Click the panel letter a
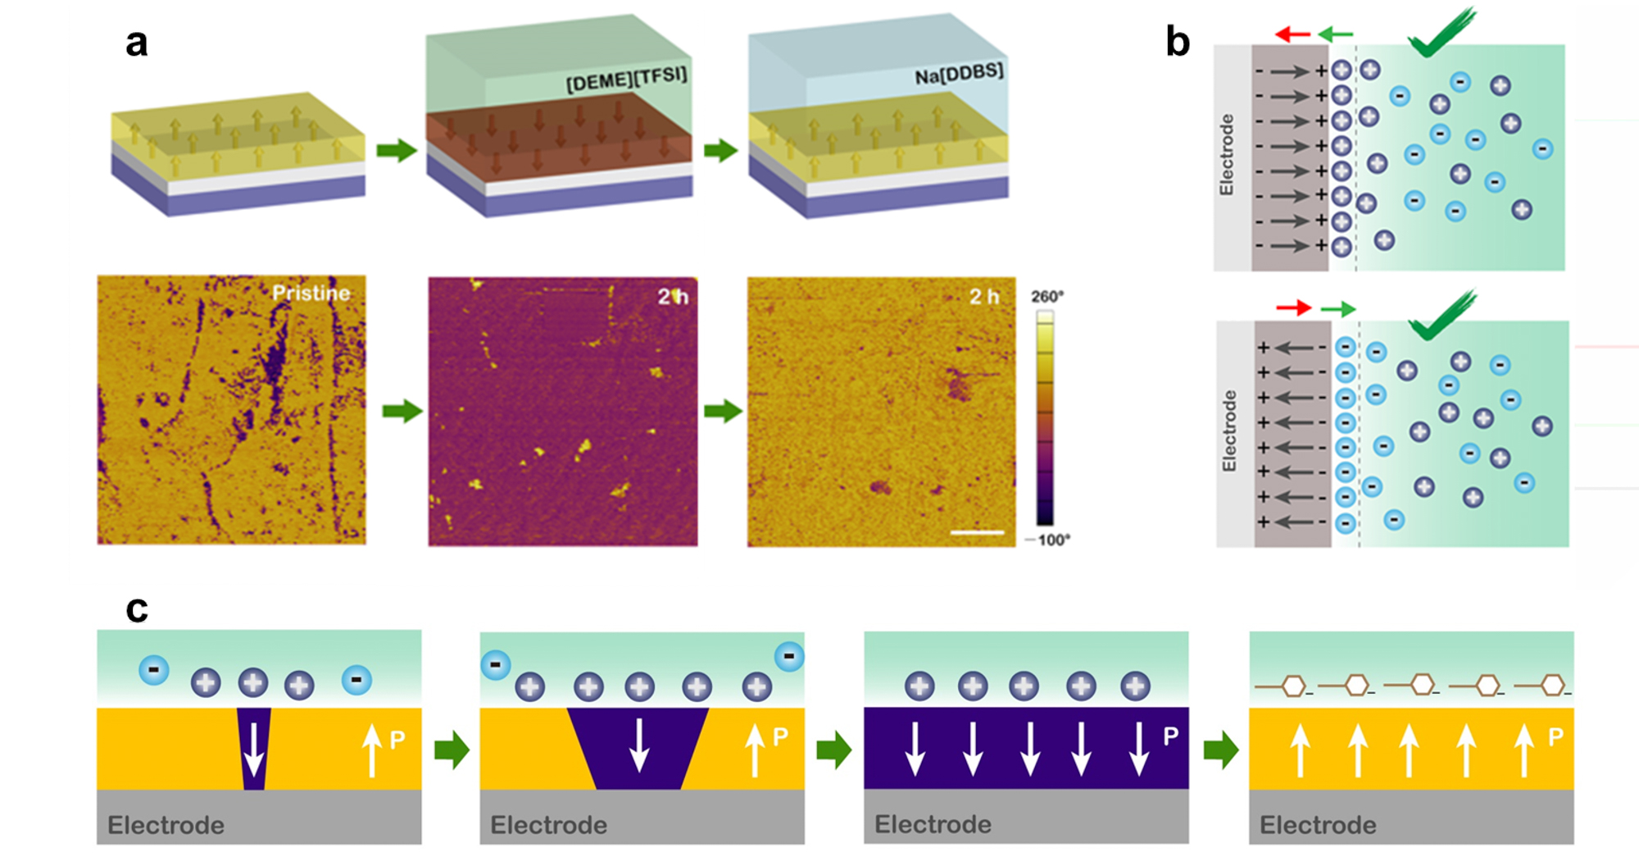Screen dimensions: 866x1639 pyautogui.click(x=136, y=43)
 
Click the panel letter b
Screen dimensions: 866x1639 pyautogui.click(x=1178, y=42)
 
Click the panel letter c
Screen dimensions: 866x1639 pyautogui.click(x=137, y=609)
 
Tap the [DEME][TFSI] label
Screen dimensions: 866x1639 pyautogui.click(x=627, y=80)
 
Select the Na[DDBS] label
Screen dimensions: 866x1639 pyautogui.click(x=959, y=75)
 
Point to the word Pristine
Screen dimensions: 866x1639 pyautogui.click(x=311, y=293)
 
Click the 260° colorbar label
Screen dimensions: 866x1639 pyautogui.click(x=1047, y=296)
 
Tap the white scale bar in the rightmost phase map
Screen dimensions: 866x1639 pyautogui.click(x=977, y=532)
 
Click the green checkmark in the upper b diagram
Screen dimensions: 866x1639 pyautogui.click(x=1441, y=34)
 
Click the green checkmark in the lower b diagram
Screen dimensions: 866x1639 pyautogui.click(x=1442, y=317)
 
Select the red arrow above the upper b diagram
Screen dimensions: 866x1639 pyautogui.click(x=1292, y=34)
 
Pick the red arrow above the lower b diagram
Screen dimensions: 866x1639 pyautogui.click(x=1293, y=308)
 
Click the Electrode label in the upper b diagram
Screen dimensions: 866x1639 pyautogui.click(x=1227, y=155)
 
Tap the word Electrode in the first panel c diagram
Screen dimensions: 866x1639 pyautogui.click(x=166, y=825)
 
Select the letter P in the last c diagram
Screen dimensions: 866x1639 pyautogui.click(x=1555, y=737)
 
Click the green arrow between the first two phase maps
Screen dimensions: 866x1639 pyautogui.click(x=402, y=410)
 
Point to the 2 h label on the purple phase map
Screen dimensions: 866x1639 pyautogui.click(x=672, y=297)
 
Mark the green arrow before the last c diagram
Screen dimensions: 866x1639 pyautogui.click(x=1220, y=750)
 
